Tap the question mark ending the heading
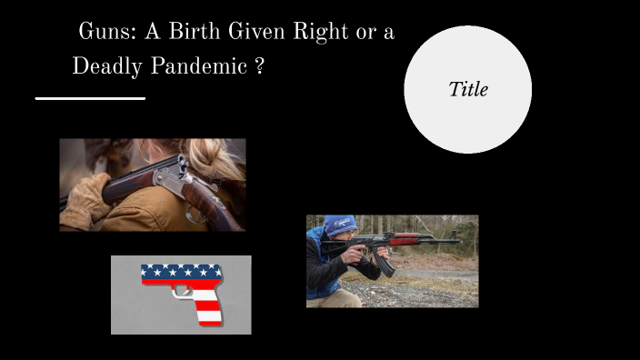click(x=260, y=66)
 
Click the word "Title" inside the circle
click(x=468, y=89)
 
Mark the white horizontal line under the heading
click(x=90, y=97)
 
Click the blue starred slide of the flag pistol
click(x=182, y=271)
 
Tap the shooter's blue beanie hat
click(x=340, y=225)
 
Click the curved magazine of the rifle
click(x=385, y=263)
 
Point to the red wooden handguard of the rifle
click(x=405, y=239)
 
